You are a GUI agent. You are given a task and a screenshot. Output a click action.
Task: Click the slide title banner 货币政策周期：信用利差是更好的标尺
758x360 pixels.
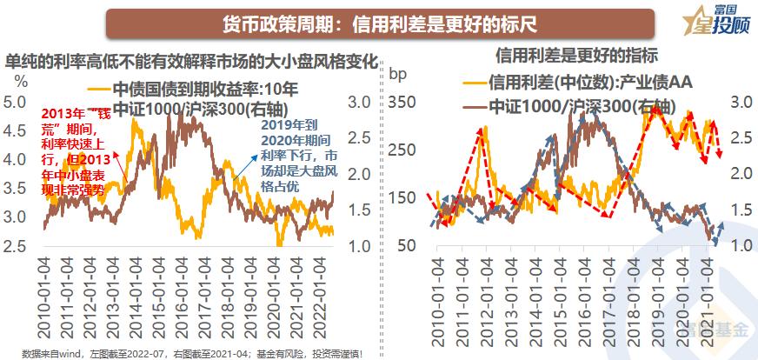pyautogui.click(x=380, y=23)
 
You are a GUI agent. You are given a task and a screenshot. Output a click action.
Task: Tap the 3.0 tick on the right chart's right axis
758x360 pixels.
pyautogui.click(x=741, y=102)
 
